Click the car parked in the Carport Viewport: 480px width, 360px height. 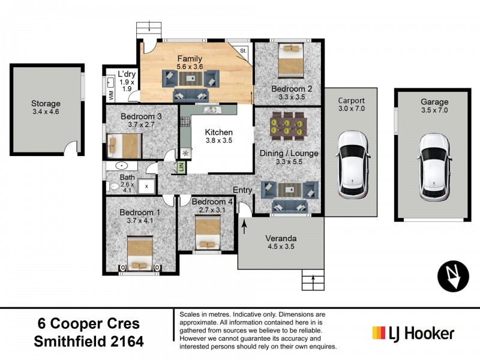(x=352, y=164)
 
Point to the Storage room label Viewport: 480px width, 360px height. (x=46, y=103)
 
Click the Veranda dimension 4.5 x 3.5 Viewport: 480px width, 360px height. (x=281, y=245)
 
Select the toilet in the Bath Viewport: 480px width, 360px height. (x=115, y=187)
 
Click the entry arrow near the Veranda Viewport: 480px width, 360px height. (x=245, y=227)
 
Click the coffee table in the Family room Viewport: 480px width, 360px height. (x=191, y=79)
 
